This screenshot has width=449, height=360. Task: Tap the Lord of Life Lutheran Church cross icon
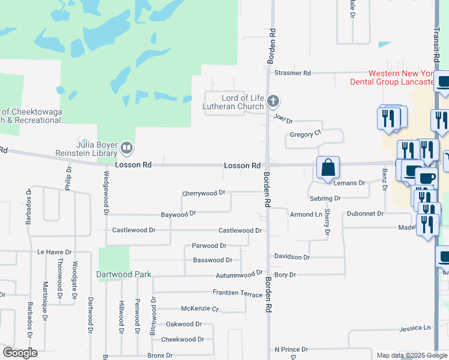point(273,101)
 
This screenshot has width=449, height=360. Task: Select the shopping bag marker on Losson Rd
point(328,169)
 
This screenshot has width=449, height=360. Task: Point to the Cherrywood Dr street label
point(203,193)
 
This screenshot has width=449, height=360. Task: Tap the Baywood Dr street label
point(178,214)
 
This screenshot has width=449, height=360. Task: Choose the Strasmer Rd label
point(292,73)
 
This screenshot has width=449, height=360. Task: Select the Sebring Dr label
point(325,198)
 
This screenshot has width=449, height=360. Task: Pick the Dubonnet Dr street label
point(364,214)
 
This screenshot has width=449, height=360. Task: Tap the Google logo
point(20,353)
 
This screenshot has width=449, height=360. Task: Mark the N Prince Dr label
point(291,349)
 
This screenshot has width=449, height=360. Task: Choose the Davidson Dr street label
point(292,257)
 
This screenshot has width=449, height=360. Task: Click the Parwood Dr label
point(209,245)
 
